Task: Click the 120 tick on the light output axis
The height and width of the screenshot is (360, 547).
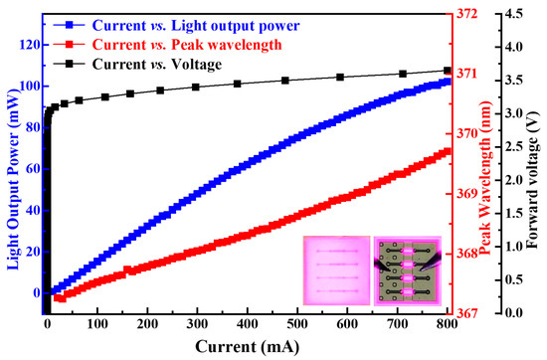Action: point(28,46)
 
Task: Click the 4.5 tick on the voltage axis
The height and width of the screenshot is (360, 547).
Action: point(511,14)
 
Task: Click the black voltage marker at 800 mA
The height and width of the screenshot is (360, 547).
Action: point(447,71)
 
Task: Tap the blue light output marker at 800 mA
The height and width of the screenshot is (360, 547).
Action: point(447,82)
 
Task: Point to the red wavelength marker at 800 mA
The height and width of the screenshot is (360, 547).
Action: point(447,151)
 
